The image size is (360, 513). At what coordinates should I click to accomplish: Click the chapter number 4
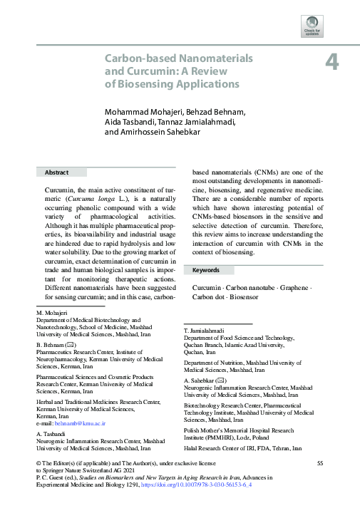tap(331, 61)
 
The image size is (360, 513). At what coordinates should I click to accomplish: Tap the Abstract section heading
tap(56, 172)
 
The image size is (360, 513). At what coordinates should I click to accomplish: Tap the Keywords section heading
tap(206, 271)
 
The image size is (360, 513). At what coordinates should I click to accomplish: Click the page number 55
tap(320, 464)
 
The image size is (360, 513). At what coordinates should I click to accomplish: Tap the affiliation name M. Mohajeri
tap(52, 333)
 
